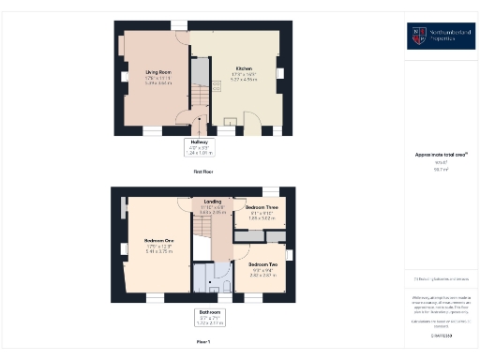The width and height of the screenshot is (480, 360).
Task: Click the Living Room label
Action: (157, 71)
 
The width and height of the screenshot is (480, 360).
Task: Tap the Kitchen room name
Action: (244, 68)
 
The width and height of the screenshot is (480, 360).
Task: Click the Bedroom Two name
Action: (262, 264)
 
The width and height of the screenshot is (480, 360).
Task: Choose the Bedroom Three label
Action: (262, 206)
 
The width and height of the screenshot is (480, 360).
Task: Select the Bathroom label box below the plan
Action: (208, 317)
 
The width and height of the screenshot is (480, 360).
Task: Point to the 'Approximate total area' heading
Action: (442, 155)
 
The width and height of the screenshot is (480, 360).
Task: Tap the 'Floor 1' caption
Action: (203, 341)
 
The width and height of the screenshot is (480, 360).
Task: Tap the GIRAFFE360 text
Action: (442, 335)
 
